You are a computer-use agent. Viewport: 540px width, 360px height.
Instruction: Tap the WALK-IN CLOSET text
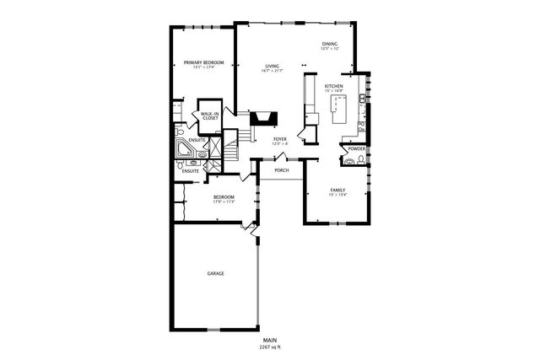pos(210,115)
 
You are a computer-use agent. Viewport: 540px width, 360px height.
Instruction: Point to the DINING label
pos(329,43)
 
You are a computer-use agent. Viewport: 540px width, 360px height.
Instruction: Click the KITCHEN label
pos(334,86)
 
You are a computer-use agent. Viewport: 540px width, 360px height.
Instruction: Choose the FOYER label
pos(280,138)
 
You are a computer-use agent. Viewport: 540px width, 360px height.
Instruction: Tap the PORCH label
pos(282,170)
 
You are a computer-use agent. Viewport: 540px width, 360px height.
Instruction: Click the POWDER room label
pos(356,148)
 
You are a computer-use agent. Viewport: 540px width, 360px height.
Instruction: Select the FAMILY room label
pos(337,190)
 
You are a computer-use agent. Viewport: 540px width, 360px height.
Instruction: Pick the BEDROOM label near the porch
pos(223,197)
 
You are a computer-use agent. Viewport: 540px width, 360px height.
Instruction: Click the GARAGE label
pos(216,273)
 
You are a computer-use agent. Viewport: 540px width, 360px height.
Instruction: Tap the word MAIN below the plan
pos(270,341)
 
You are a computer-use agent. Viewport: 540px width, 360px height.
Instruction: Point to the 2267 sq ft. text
pos(270,347)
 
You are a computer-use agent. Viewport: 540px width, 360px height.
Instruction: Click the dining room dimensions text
pos(329,49)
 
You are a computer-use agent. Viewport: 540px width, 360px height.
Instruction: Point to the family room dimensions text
pos(337,195)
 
